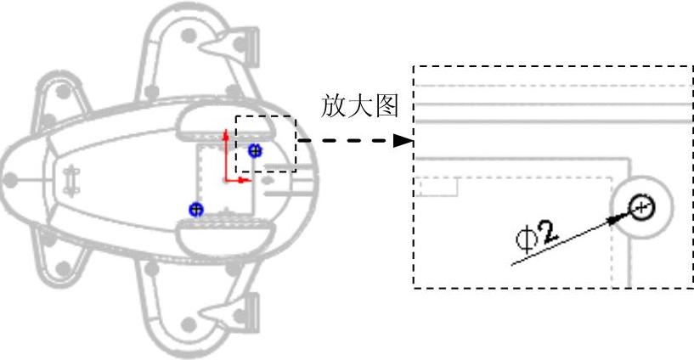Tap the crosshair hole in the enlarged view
(x=641, y=205)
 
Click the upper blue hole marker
(x=255, y=150)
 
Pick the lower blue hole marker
(x=196, y=208)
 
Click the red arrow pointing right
(x=238, y=180)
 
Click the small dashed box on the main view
(x=266, y=144)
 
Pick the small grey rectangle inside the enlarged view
(x=438, y=186)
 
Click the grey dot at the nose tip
(x=11, y=180)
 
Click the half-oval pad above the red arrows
(x=223, y=125)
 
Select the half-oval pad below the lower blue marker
(x=223, y=235)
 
